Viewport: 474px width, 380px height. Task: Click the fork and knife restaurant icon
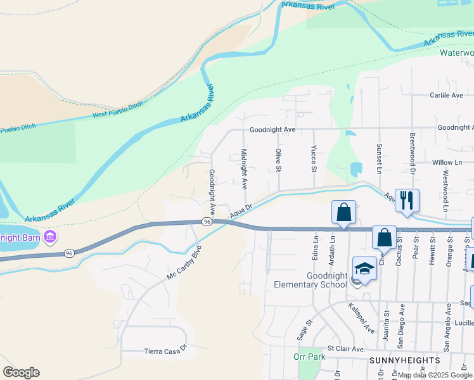tap(406, 200)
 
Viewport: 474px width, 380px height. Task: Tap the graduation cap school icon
tap(364, 269)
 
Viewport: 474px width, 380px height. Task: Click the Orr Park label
tap(309, 357)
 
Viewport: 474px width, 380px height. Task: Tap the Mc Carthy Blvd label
tap(183, 264)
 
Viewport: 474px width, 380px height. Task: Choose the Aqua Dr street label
tap(241, 210)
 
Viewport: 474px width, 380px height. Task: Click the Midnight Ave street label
tap(244, 169)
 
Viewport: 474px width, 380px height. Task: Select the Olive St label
tap(278, 160)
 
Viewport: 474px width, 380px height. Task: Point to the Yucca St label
tap(313, 159)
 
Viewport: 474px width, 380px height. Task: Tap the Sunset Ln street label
tap(379, 159)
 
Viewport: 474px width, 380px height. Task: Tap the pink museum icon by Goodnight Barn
tap(50, 237)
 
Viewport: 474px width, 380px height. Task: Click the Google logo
tap(21, 372)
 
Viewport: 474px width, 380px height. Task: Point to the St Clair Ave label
tap(347, 349)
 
